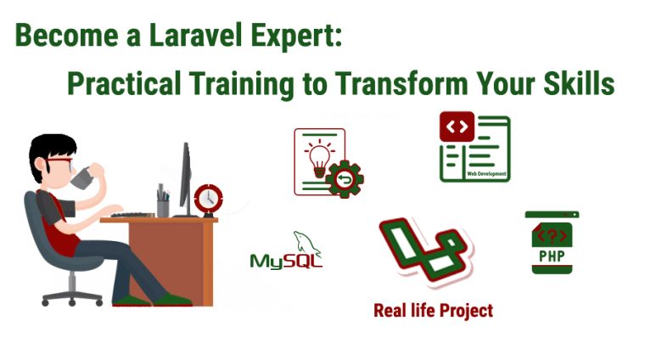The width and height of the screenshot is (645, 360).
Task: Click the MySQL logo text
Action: pyautogui.click(x=286, y=260)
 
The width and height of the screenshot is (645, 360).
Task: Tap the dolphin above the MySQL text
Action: pyautogui.click(x=301, y=240)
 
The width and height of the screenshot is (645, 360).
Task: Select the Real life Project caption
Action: pyautogui.click(x=433, y=311)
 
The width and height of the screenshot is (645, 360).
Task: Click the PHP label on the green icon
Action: pyautogui.click(x=552, y=255)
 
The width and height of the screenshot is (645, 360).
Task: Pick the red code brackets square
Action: pyautogui.click(x=457, y=127)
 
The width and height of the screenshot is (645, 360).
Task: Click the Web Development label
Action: pyautogui.click(x=488, y=174)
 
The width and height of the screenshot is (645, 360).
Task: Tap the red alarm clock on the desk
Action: pyautogui.click(x=207, y=199)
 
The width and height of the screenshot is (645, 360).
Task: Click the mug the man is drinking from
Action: pyautogui.click(x=81, y=177)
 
